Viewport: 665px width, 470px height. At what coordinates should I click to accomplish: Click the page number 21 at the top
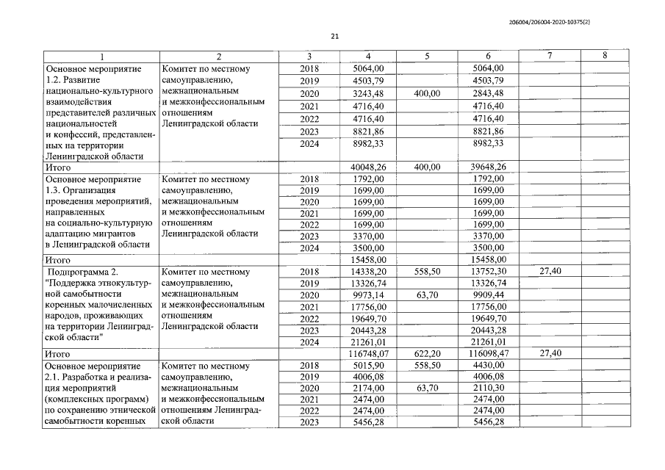(334, 36)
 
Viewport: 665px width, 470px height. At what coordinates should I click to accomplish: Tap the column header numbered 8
(604, 57)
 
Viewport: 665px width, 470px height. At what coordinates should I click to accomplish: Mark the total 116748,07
(367, 354)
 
